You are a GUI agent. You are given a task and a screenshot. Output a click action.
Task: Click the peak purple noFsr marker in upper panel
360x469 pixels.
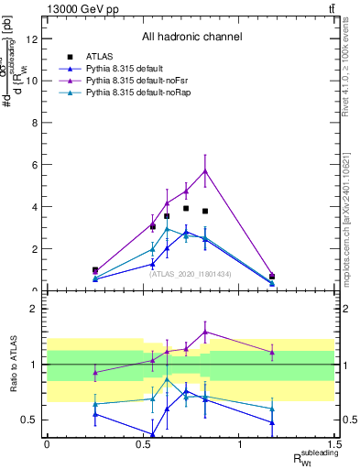(x=205, y=170)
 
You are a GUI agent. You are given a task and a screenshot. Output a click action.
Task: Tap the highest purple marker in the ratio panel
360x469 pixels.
(x=205, y=332)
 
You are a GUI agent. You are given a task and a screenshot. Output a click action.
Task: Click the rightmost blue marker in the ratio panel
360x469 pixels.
(x=272, y=422)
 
